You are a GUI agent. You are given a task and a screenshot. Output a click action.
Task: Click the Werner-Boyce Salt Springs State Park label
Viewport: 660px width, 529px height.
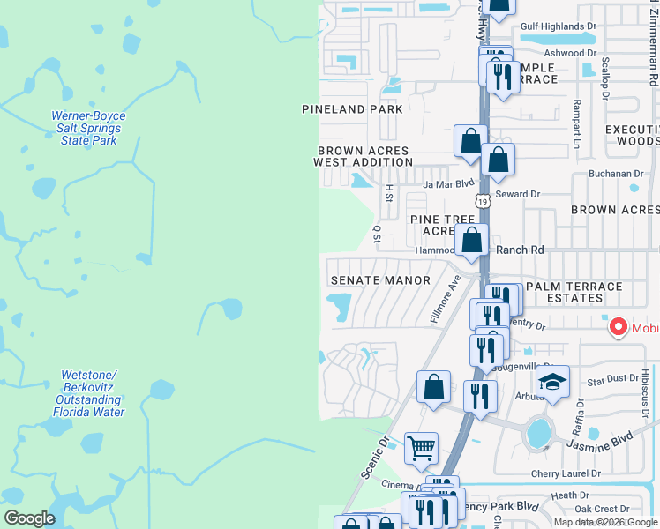88,129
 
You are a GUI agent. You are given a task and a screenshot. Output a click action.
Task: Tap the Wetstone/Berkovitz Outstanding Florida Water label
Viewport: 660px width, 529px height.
93,393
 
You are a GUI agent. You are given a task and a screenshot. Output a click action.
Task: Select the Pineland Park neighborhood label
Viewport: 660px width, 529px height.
352,109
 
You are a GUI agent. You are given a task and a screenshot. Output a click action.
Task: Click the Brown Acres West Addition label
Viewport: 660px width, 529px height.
364,156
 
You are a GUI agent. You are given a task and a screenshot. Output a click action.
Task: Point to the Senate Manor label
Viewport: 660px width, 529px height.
380,280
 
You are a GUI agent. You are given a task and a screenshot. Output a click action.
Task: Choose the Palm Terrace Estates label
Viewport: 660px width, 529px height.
574,292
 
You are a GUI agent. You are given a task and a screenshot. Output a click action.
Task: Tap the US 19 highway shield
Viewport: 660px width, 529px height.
483,201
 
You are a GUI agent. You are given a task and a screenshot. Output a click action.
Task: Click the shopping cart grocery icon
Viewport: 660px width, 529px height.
421,447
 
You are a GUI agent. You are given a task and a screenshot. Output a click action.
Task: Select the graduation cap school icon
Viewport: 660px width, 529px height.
552,382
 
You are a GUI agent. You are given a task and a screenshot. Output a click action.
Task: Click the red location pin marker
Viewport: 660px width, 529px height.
619,328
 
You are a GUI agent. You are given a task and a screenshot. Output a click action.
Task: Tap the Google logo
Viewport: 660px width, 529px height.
30,518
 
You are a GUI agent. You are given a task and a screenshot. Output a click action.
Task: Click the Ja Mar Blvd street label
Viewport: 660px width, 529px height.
444,184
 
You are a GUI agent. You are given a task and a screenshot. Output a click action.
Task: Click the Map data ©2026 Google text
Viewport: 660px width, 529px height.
605,522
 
